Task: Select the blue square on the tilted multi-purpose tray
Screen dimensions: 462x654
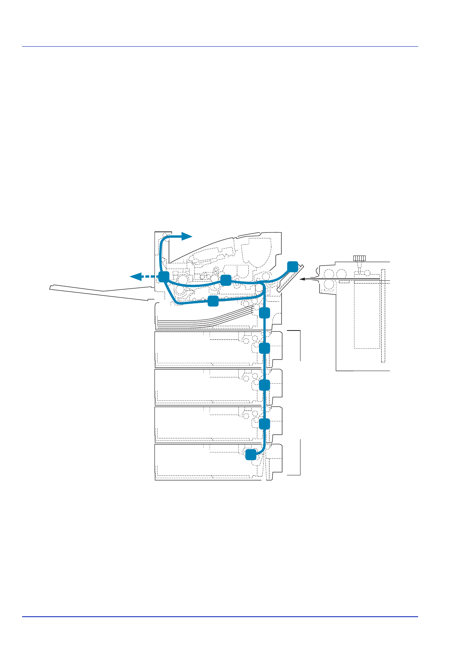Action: pos(292,266)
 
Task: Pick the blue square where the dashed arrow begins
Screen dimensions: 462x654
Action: pos(164,277)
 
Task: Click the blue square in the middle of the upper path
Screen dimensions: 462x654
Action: pos(226,280)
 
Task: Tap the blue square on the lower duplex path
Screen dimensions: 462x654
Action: pos(213,301)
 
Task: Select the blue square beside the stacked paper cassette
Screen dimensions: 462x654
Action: pos(264,313)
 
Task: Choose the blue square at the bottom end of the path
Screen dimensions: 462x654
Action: pos(251,454)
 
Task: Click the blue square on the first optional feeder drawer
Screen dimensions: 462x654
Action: pos(264,348)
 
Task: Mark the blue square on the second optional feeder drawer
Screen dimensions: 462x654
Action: pos(264,385)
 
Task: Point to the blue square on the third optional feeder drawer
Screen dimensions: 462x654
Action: pos(264,424)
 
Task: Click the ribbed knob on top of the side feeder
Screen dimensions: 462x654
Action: pos(359,258)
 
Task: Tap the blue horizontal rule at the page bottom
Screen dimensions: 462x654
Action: pos(220,617)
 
